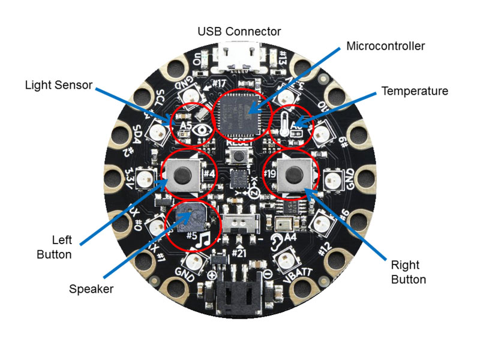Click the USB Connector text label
coord(240,31)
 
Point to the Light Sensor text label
coord(59,85)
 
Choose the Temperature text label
coord(415,91)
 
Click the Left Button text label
coord(55,247)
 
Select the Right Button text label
coord(409,272)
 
